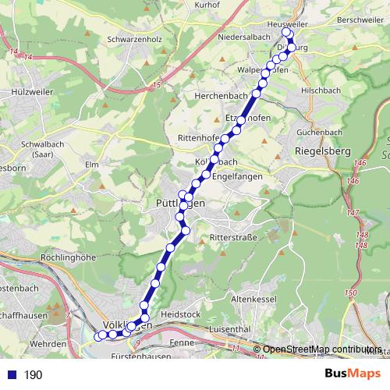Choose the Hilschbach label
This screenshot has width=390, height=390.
point(322,90)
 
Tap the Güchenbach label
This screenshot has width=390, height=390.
point(320,133)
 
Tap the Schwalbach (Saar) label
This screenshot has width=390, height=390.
point(31,149)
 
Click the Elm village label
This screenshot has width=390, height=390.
point(92,165)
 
